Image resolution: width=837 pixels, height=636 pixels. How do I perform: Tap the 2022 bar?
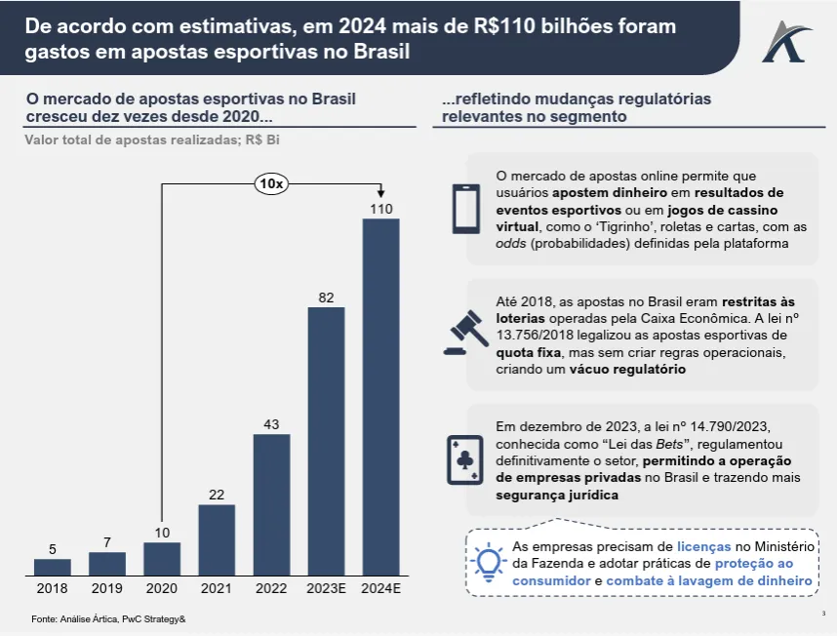pyautogui.click(x=271, y=503)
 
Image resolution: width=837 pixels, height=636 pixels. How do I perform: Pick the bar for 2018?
pyautogui.click(x=53, y=566)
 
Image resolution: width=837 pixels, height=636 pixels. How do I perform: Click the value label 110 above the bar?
pyautogui.click(x=380, y=209)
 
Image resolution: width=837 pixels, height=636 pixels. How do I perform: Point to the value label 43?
pyautogui.click(x=271, y=424)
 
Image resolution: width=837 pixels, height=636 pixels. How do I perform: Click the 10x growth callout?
pyautogui.click(x=271, y=182)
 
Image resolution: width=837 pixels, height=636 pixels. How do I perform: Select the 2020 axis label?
pyautogui.click(x=162, y=588)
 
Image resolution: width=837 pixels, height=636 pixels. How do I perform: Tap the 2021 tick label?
pyautogui.click(x=217, y=588)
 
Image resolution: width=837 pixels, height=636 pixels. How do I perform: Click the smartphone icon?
pyautogui.click(x=465, y=209)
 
